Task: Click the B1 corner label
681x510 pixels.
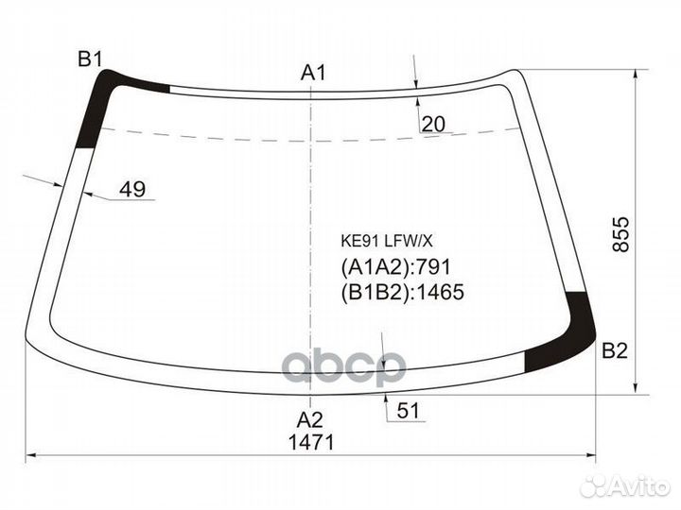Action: click(90, 59)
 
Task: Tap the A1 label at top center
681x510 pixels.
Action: click(313, 73)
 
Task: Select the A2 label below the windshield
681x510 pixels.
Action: click(309, 419)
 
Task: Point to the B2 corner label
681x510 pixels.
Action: click(615, 350)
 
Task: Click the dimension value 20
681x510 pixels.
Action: click(433, 125)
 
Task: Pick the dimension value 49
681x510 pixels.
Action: click(132, 189)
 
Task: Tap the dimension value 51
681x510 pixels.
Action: click(408, 410)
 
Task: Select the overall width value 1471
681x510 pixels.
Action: click(311, 442)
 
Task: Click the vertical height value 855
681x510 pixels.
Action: click(620, 234)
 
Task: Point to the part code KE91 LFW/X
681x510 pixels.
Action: click(387, 241)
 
